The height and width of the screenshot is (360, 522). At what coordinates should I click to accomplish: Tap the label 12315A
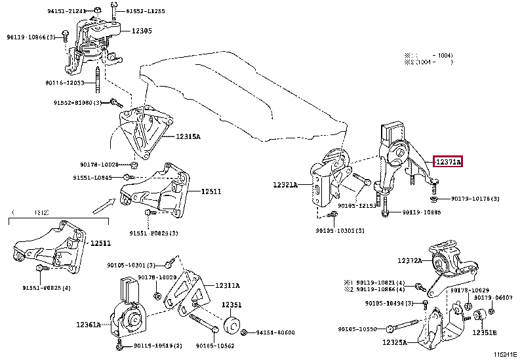188,136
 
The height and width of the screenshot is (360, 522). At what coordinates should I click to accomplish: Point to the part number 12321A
285,186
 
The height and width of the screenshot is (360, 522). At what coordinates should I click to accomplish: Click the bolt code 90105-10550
361,329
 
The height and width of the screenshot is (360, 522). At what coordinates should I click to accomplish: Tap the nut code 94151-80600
275,332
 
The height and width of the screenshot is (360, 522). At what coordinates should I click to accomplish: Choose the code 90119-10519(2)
157,346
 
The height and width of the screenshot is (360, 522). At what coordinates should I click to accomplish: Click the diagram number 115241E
505,355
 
